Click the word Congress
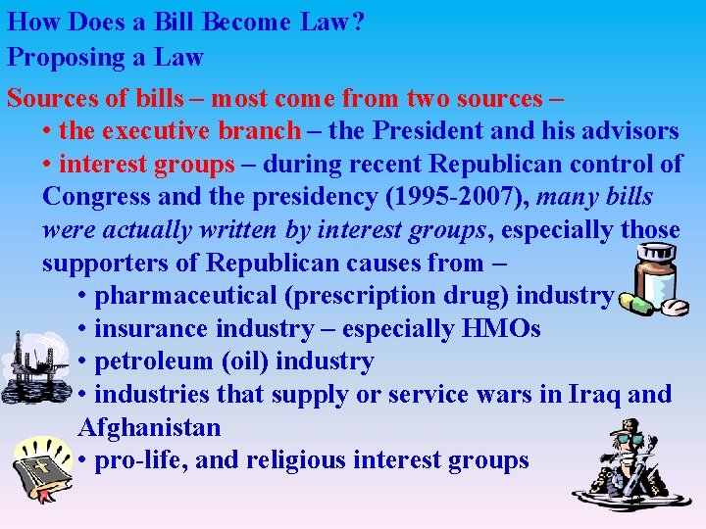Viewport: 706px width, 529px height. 97,196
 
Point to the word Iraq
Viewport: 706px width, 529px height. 587,395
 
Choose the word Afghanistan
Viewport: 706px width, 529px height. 149,428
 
